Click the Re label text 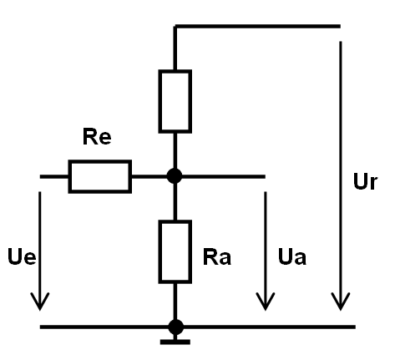tap(97, 137)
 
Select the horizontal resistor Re tap(100, 176)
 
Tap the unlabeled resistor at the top tap(175, 101)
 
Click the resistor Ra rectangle tap(175, 251)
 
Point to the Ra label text tap(217, 257)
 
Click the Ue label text tap(22, 256)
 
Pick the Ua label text tap(292, 256)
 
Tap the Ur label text tap(365, 181)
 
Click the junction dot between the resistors tap(175, 176)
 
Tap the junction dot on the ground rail tap(176, 327)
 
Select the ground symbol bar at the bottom tap(175, 342)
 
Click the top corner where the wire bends tap(175, 27)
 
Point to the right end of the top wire tap(340, 27)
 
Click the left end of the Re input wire tap(40, 176)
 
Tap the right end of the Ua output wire tap(265, 176)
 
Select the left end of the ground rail tap(40, 327)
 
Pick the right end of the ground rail tap(355, 327)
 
